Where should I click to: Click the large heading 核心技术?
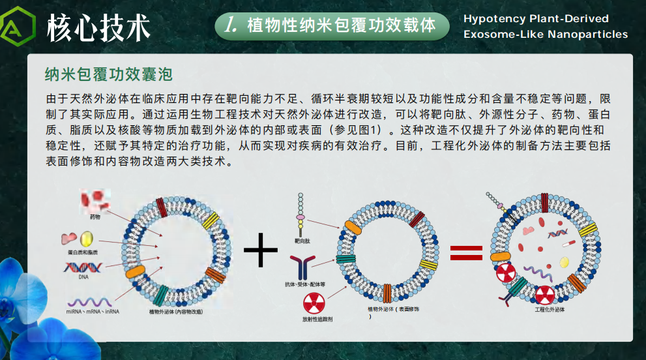click(98, 27)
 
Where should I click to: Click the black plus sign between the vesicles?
click(260, 250)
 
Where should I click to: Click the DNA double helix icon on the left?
click(83, 267)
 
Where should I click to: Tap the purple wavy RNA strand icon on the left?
click(89, 302)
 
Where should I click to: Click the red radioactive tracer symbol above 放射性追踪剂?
click(314, 304)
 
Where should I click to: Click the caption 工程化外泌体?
click(549, 310)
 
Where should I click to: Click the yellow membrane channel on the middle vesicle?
click(428, 265)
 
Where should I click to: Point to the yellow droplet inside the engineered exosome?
click(564, 262)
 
